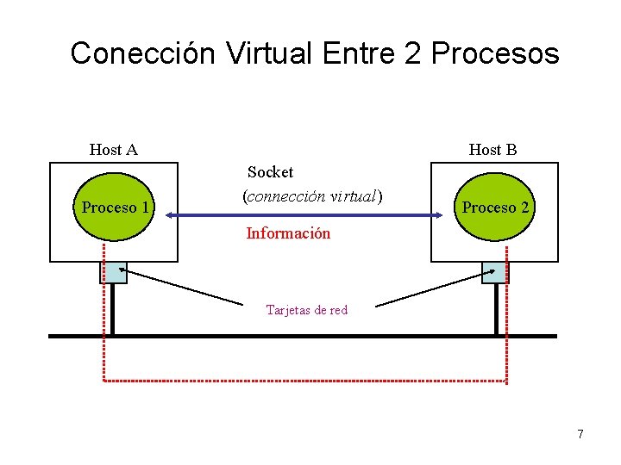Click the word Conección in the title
[143, 53]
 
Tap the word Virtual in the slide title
[269, 53]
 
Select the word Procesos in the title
[495, 53]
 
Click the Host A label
[114, 150]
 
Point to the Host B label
[492, 150]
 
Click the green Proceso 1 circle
[115, 208]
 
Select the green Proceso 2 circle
[495, 208]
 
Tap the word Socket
[271, 172]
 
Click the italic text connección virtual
[312, 196]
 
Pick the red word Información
[288, 232]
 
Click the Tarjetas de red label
[307, 310]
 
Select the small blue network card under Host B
[493, 272]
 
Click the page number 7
[580, 434]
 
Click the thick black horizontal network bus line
[302, 336]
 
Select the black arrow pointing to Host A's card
[185, 288]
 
